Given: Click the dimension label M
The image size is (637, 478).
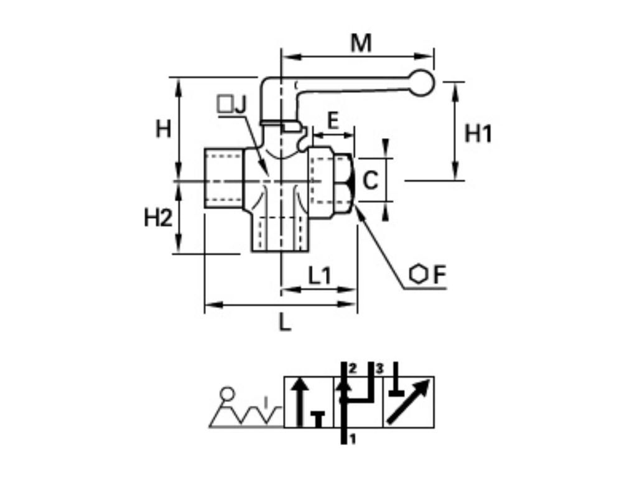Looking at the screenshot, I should (x=361, y=44).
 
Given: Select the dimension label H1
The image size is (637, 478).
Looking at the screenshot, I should (x=478, y=134).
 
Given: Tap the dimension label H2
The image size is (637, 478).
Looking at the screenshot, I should (x=158, y=218).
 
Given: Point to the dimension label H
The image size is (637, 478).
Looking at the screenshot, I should (x=163, y=129).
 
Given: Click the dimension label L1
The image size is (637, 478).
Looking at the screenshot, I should (x=320, y=275).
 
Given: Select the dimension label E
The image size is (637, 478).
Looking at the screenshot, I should (x=333, y=120).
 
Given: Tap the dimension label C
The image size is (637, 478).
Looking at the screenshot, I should (x=371, y=180).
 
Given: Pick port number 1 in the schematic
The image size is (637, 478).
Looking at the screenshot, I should (x=352, y=439).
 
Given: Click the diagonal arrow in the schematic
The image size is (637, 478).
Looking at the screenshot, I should (x=408, y=402).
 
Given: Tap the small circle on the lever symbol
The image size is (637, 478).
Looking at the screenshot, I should (x=228, y=393).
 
